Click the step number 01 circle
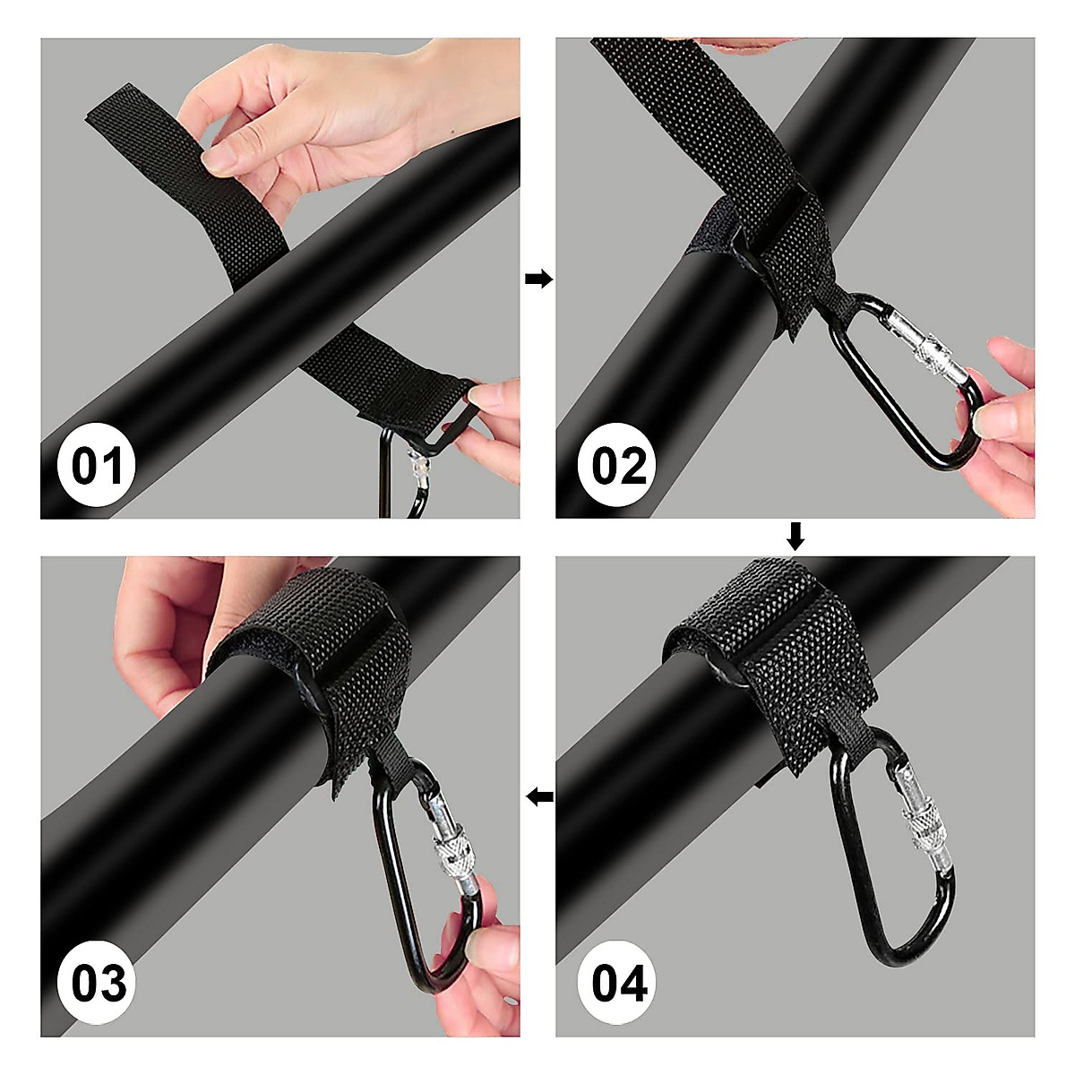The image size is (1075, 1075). tap(97, 466)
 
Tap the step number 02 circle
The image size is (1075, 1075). tap(619, 466)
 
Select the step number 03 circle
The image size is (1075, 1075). tap(99, 984)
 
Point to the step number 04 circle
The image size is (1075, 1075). tap(619, 984)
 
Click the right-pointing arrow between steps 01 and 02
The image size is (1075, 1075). tap(537, 279)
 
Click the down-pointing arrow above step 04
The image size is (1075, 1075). tap(795, 537)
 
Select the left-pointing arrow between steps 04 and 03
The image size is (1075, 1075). tap(538, 796)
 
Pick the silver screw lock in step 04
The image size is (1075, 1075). tap(924, 829)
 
